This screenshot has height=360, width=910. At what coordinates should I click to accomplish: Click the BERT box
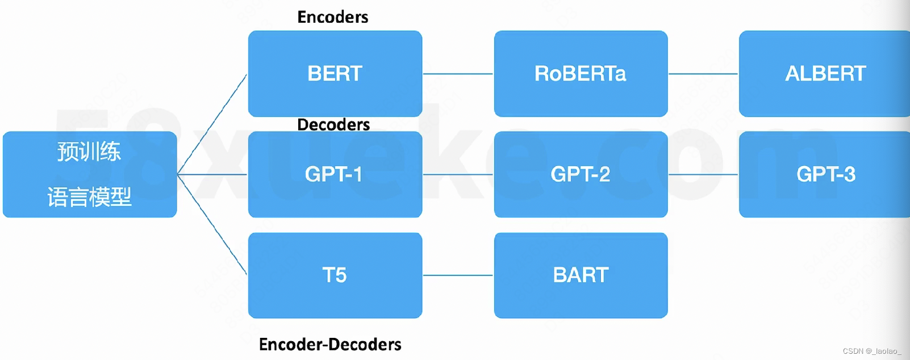click(x=335, y=74)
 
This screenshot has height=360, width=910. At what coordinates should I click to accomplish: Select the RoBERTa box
click(x=581, y=74)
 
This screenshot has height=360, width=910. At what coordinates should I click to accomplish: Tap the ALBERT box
click(x=825, y=74)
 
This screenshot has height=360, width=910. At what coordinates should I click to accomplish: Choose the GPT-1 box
click(x=335, y=174)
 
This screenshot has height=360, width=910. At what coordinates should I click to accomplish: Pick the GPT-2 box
click(x=581, y=174)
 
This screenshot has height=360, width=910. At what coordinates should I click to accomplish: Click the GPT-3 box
click(x=825, y=174)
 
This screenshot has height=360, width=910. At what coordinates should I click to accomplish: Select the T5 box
click(x=335, y=275)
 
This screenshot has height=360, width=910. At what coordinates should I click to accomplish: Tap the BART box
click(x=581, y=275)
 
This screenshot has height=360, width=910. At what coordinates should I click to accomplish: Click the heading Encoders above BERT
click(x=333, y=17)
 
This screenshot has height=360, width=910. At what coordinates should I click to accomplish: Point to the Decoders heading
click(x=333, y=124)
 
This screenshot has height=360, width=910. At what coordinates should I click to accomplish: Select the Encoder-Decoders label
click(x=330, y=344)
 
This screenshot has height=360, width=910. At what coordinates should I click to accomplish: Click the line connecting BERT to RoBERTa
click(x=458, y=74)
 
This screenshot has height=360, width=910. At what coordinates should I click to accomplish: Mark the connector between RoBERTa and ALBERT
click(x=703, y=74)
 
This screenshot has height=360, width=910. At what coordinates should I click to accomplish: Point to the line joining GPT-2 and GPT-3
click(x=703, y=174)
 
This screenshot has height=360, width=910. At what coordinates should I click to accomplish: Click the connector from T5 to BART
click(x=458, y=275)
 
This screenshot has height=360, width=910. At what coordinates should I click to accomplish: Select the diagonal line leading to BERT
click(x=212, y=124)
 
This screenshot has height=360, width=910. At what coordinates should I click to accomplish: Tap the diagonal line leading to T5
click(x=212, y=224)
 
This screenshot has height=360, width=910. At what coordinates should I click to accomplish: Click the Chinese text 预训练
click(x=89, y=152)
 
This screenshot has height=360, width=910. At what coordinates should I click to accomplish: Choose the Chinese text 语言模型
click(x=89, y=197)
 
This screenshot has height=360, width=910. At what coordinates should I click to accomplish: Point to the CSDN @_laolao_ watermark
click(x=872, y=351)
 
